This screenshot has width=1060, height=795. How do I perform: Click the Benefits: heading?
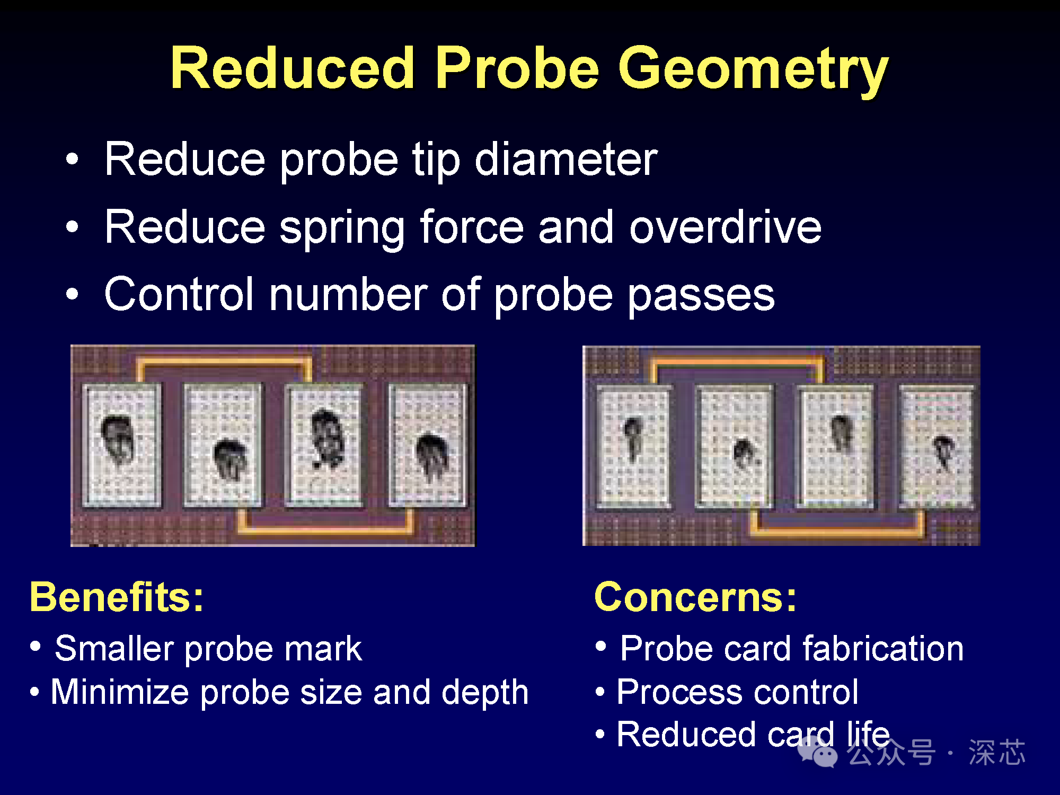coord(117,597)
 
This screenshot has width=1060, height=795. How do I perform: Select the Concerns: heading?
coord(695,597)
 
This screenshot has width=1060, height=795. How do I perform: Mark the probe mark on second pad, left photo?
coord(231,459)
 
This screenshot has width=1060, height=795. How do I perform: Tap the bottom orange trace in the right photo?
coord(837,528)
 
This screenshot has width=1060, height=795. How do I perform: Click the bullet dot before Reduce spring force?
coord(72,226)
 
